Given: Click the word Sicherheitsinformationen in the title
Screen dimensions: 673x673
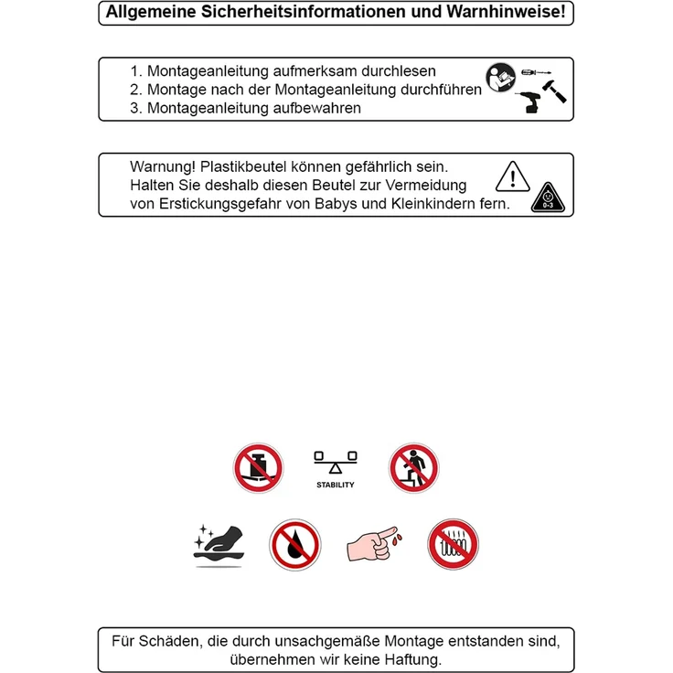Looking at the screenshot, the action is pos(304,12).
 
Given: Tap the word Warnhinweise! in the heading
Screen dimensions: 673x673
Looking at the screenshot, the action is pos(506,12).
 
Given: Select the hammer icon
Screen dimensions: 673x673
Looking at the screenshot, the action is pos(554,91).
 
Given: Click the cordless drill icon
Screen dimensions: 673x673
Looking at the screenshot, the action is pos(529,102).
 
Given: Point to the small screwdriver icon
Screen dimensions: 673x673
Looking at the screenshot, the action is pos(536,72).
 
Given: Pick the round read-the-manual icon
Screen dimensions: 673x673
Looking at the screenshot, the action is pos(500,77).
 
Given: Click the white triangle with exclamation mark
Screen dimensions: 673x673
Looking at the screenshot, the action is pos(512,176).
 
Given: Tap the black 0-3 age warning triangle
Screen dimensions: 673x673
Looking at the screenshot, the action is pos(548,198).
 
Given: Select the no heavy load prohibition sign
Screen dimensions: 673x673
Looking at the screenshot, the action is pos(258,468).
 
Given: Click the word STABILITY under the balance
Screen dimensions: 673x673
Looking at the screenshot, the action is pos(336,485).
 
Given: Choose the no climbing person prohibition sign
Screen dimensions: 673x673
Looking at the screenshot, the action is pos(413,468).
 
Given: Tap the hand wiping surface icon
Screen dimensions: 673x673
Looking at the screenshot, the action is pos(219,545).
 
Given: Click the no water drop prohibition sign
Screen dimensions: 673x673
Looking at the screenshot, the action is pos(295,545).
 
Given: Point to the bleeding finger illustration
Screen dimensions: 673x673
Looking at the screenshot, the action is pos(374,544).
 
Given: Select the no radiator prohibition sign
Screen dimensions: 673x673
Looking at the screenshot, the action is pos(453,544).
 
